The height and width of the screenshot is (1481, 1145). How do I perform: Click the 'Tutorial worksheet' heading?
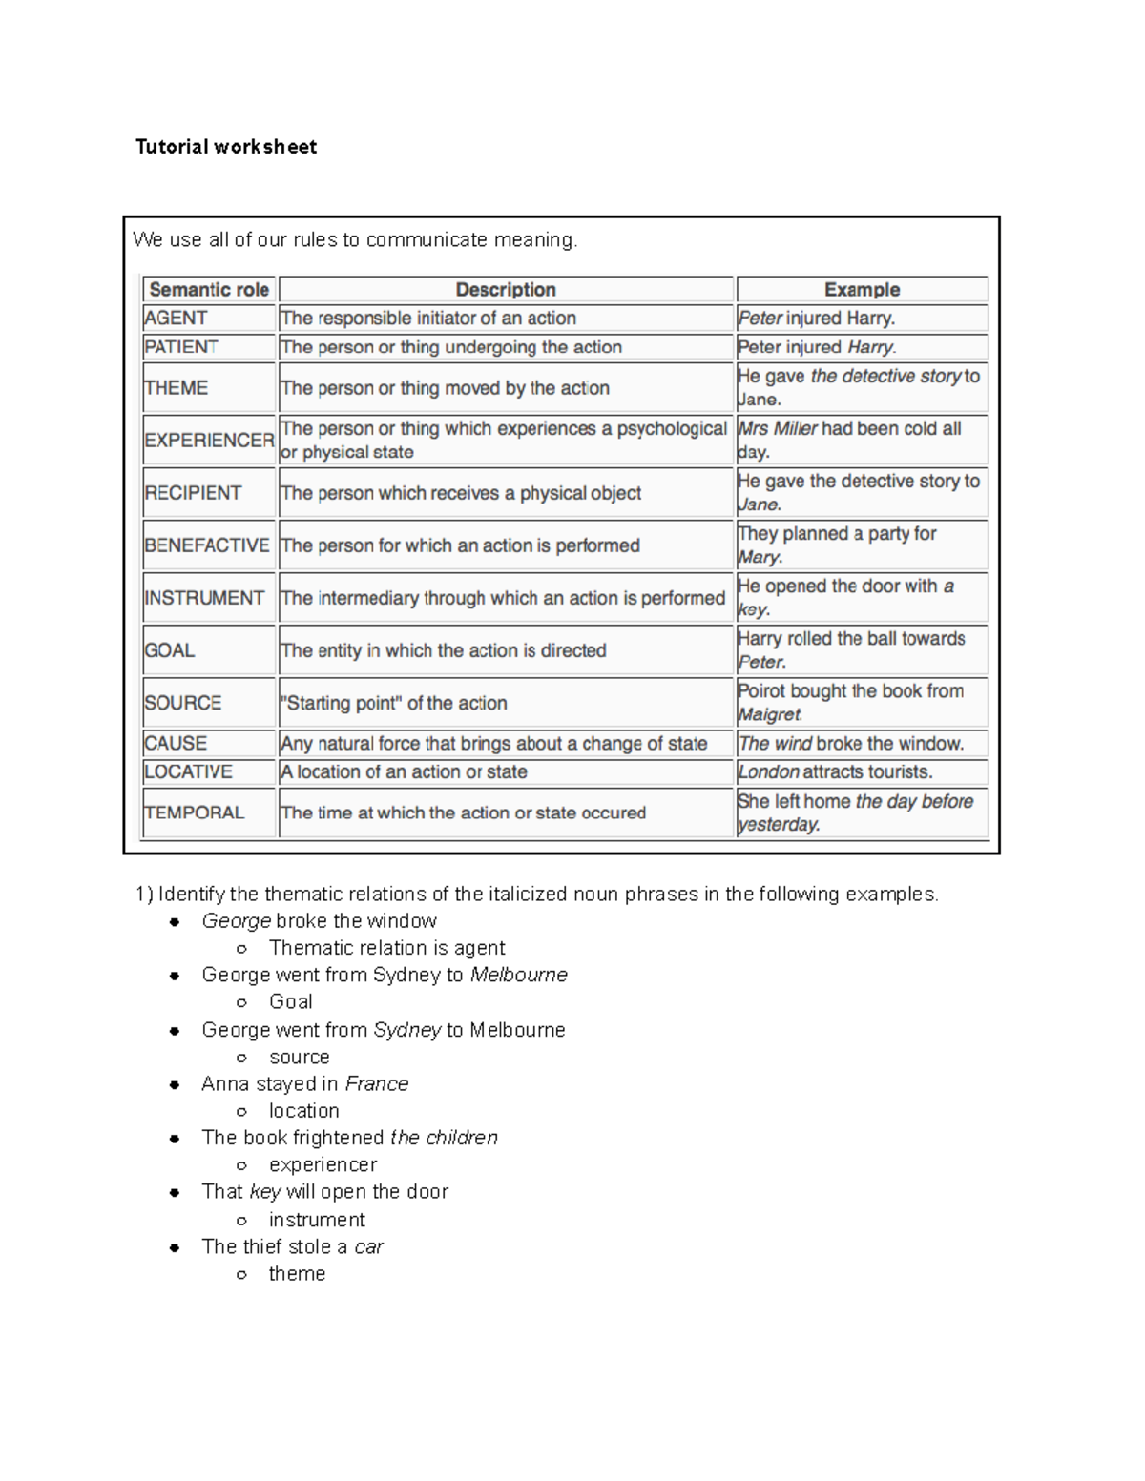click(226, 147)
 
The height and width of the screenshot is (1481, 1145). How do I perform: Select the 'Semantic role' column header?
click(209, 290)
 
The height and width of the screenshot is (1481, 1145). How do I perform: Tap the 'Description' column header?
click(506, 290)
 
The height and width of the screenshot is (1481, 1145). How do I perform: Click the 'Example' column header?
click(862, 290)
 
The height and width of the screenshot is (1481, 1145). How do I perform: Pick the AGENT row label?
click(177, 319)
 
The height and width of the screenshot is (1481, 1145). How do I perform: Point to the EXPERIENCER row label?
click(209, 441)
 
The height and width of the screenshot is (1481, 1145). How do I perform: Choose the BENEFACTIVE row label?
click(207, 545)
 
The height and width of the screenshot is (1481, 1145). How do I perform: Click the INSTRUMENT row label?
click(204, 598)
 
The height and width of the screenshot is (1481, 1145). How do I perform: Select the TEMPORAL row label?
click(195, 812)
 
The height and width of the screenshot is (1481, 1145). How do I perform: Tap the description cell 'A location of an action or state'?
click(404, 772)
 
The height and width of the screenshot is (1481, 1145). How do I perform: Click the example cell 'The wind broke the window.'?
click(851, 744)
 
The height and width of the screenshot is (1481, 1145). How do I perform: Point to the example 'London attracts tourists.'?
click(835, 772)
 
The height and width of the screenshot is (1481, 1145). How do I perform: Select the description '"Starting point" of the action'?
click(394, 704)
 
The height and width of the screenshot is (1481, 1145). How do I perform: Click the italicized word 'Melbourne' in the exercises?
click(519, 976)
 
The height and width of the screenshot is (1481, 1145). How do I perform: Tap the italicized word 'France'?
click(376, 1084)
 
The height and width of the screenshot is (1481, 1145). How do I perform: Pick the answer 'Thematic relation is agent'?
click(386, 948)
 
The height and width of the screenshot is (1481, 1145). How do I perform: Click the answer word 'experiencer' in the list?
click(323, 1165)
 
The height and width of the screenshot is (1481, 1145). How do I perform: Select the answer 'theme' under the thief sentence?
click(297, 1274)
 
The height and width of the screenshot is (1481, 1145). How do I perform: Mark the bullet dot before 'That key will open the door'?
click(175, 1193)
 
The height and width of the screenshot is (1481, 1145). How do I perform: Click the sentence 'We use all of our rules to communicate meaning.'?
click(355, 240)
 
